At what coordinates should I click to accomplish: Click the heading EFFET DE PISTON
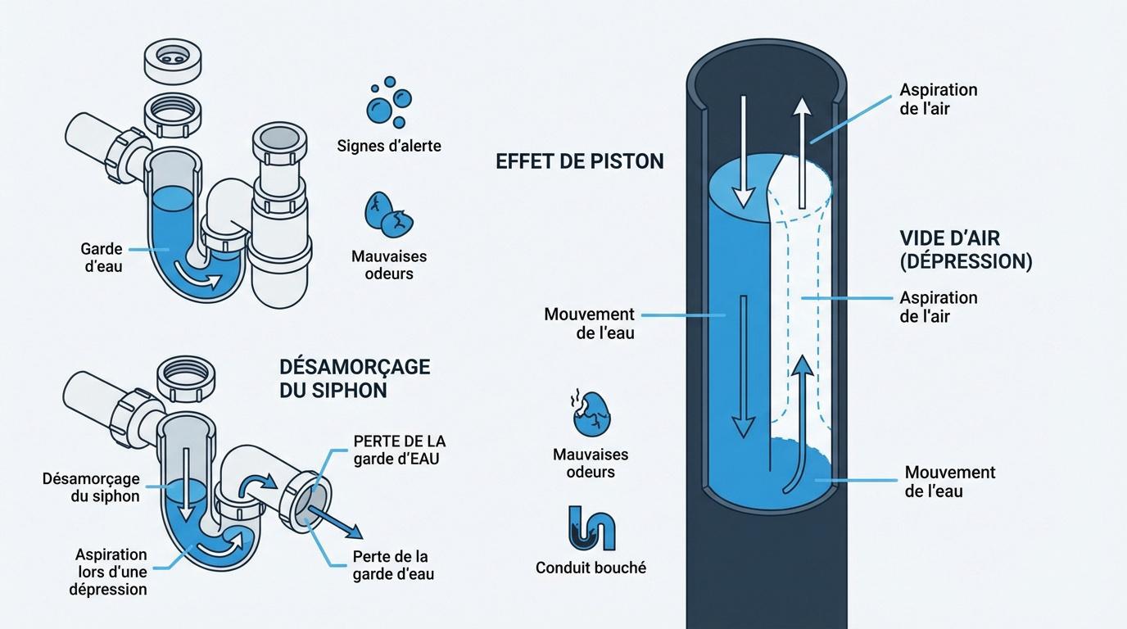click(579, 161)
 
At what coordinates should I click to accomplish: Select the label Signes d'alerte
click(389, 147)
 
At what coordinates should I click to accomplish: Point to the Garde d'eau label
click(102, 257)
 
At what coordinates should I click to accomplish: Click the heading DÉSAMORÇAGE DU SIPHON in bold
click(354, 378)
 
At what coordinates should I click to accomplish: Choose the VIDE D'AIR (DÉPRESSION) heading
click(966, 250)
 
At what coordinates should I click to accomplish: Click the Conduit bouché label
click(591, 568)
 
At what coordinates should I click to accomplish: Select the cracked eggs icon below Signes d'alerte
click(388, 215)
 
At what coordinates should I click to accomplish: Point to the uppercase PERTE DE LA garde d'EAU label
click(399, 450)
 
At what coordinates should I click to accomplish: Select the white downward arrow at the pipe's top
click(743, 151)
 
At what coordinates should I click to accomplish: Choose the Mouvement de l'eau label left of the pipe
click(590, 324)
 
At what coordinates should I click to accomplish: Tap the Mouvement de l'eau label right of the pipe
click(949, 482)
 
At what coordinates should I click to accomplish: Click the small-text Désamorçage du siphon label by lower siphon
click(91, 487)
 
